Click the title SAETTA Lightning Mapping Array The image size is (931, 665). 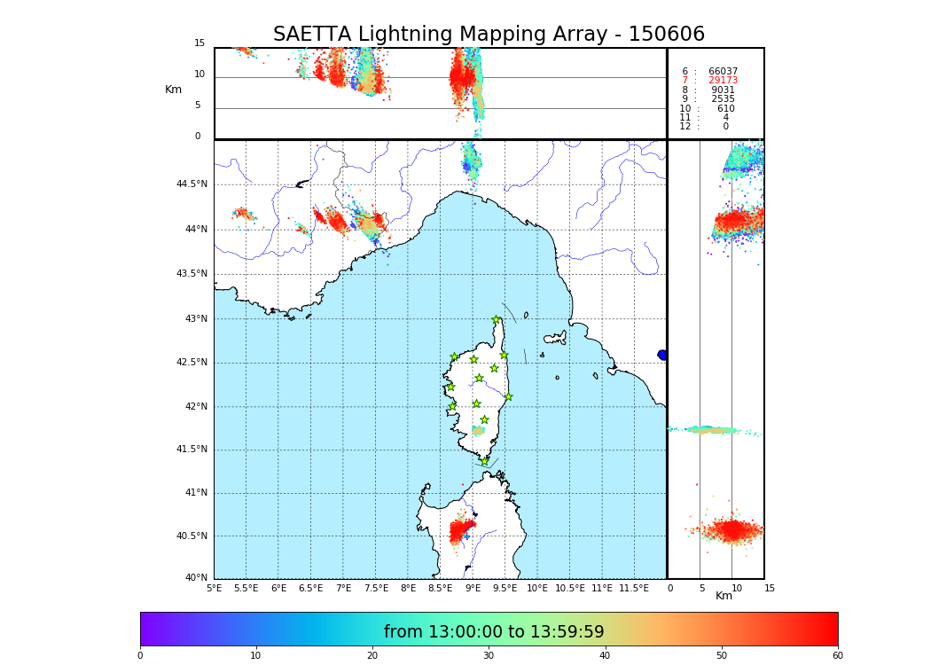tap(489, 35)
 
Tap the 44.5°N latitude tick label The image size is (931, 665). tap(192, 184)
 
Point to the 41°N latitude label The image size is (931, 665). tap(194, 493)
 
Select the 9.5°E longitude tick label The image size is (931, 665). tap(505, 588)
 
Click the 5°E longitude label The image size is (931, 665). tap(214, 588)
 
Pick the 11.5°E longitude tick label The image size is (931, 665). tap(634, 588)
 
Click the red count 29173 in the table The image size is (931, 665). tap(723, 81)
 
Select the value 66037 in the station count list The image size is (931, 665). tap(723, 72)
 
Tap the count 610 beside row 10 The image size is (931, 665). tap(725, 109)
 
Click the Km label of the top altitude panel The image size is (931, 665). tap(173, 90)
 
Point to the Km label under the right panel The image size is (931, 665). tap(724, 596)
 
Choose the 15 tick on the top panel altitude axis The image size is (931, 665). tap(199, 43)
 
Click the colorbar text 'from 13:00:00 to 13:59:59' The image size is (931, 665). tap(494, 632)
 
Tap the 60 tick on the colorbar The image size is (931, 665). tap(837, 656)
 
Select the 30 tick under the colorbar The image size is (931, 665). tap(489, 656)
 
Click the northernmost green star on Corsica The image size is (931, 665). tap(496, 320)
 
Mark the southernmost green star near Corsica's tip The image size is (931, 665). tap(484, 461)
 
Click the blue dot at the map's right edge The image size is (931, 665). tap(662, 355)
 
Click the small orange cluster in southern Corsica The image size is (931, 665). tap(478, 431)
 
